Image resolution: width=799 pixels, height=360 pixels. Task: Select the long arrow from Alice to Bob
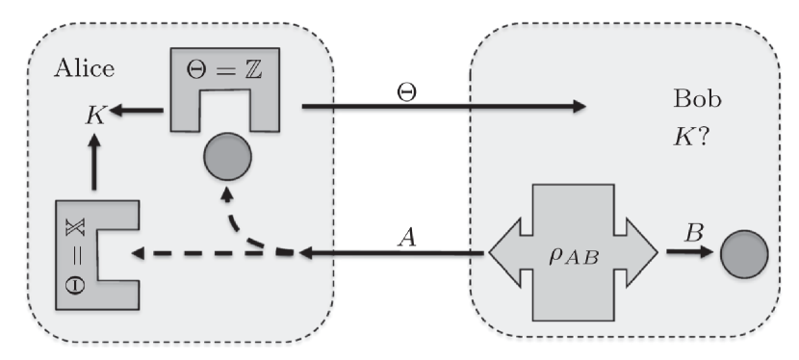pyautogui.click(x=443, y=106)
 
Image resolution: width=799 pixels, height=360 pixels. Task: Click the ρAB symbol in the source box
pyautogui.click(x=574, y=255)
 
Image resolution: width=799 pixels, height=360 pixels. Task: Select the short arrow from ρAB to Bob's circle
pyautogui.click(x=685, y=254)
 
